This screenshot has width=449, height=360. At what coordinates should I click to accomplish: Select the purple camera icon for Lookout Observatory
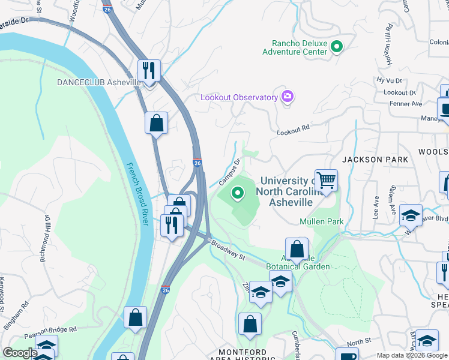[287, 97]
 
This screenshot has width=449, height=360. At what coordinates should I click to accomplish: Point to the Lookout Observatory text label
[238, 97]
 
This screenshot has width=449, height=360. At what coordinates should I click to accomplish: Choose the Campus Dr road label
[229, 172]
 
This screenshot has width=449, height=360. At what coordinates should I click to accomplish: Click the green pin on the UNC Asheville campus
[238, 193]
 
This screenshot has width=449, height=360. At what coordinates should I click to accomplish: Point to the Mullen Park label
[322, 222]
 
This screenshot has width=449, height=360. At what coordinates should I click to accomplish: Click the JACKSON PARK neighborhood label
[375, 160]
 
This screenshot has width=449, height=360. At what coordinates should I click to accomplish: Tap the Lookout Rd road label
[293, 128]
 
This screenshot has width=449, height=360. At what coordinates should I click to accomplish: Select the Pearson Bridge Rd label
[52, 329]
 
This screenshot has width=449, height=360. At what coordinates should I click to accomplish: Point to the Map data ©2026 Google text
[412, 355]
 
